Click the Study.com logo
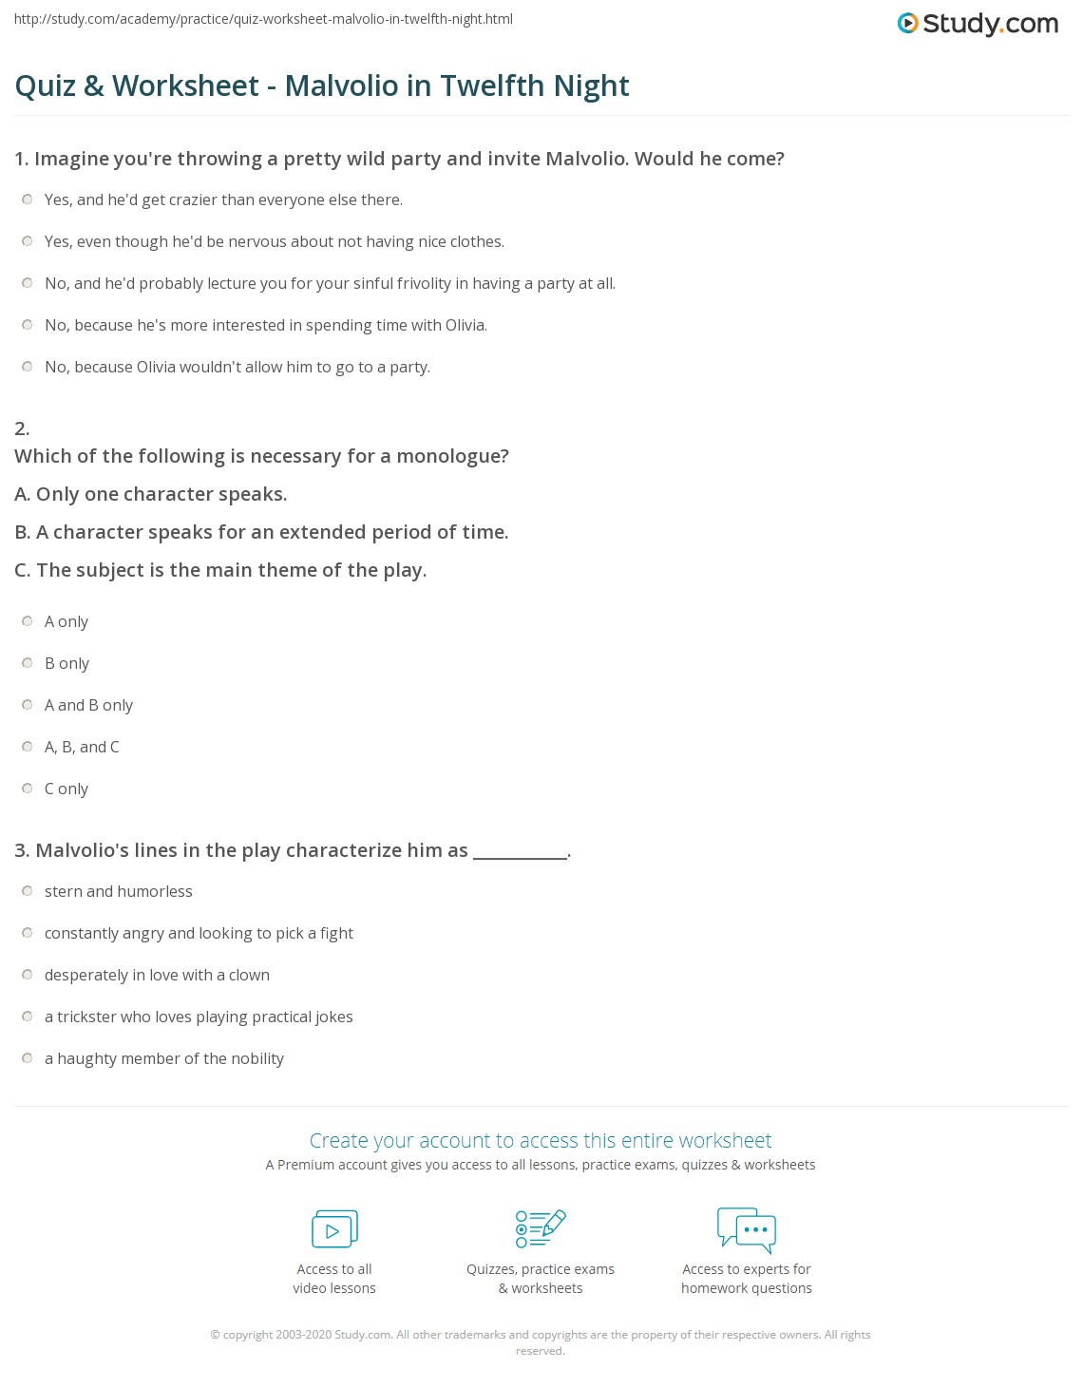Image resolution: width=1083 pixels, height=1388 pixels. click(x=978, y=24)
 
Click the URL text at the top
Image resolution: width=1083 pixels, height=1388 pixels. click(x=263, y=19)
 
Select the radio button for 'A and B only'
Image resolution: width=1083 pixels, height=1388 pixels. click(x=28, y=705)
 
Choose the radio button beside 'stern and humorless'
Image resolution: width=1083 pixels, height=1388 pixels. click(x=28, y=891)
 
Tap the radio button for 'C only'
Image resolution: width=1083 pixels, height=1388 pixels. click(x=28, y=789)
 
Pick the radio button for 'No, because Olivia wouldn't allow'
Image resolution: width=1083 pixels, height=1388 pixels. click(x=28, y=367)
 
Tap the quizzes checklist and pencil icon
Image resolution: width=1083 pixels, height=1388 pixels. click(x=541, y=1228)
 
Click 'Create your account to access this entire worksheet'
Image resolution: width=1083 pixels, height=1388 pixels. click(x=541, y=1140)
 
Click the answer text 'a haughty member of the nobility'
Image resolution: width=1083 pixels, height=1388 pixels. click(x=164, y=1058)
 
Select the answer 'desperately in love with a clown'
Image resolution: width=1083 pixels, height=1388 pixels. click(x=157, y=975)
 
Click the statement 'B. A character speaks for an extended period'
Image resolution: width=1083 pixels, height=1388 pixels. click(x=261, y=532)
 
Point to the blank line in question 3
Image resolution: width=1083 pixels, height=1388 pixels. click(x=520, y=851)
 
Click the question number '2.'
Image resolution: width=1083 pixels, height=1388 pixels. click(x=22, y=428)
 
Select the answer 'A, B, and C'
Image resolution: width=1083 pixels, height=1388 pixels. click(x=82, y=747)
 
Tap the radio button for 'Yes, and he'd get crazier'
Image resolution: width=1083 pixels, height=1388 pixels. click(x=28, y=200)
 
